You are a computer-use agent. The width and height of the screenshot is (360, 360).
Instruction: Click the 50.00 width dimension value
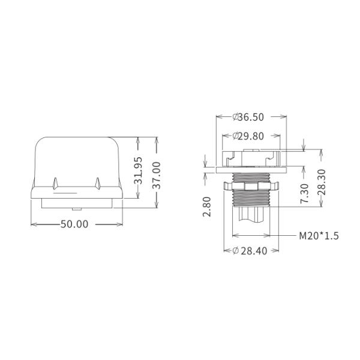point(74,224)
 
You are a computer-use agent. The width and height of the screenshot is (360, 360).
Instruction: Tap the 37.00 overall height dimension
point(157,175)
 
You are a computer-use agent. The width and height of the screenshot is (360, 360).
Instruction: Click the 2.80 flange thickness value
point(207,206)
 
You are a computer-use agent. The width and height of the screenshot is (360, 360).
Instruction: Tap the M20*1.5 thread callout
point(319,236)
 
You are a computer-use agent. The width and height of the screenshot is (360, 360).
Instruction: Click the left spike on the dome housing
point(56,182)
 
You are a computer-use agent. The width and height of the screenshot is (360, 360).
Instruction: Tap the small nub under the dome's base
point(76,208)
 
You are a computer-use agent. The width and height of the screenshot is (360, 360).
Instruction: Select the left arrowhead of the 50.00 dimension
point(32,224)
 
